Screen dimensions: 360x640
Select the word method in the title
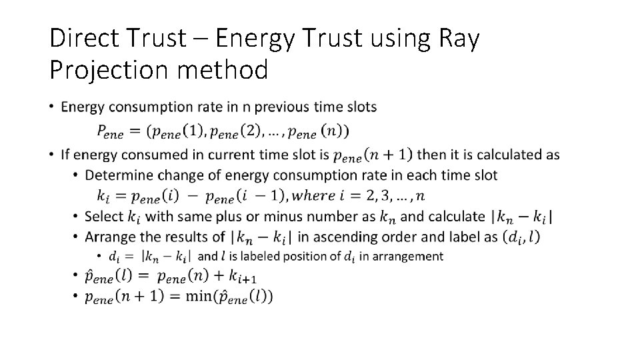click(223, 69)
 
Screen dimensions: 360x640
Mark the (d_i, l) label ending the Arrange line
click(521, 237)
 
